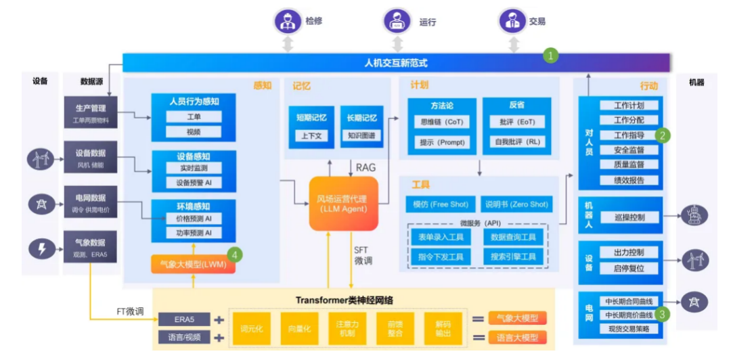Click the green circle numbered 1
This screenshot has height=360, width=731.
(x=552, y=55)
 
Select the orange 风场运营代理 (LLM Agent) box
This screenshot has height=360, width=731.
(x=343, y=204)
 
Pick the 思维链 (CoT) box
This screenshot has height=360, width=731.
(x=441, y=122)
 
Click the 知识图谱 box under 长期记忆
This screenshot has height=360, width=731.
(x=361, y=135)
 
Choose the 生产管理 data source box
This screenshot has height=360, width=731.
(x=90, y=113)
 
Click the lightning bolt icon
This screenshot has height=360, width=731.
(x=41, y=248)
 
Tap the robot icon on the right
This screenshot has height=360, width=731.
(x=694, y=215)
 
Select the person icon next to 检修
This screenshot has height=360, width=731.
(x=288, y=20)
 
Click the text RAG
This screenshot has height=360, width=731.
(x=365, y=166)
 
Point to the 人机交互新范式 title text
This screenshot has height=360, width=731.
(x=396, y=63)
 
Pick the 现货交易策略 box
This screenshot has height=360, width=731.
(x=629, y=329)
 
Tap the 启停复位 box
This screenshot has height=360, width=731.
(x=629, y=268)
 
